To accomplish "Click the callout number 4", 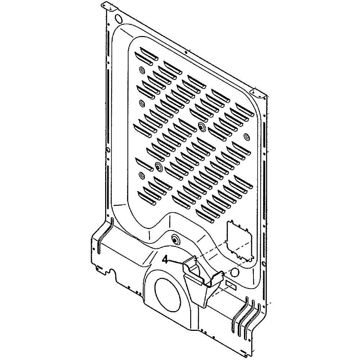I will point(165,259).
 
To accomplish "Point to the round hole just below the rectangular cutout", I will point(234,272).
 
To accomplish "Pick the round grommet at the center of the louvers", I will point(201,126).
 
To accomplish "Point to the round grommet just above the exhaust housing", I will point(175,238).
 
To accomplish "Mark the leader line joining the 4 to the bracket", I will point(176,262).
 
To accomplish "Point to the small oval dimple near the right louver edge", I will point(247,137).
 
